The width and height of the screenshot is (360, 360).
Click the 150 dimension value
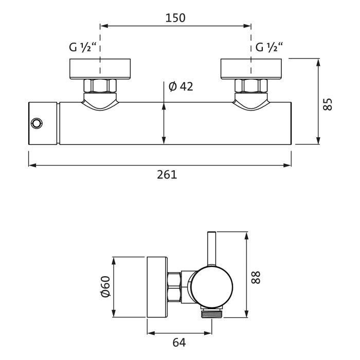click(175, 18)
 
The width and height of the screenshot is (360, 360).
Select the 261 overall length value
click(167, 175)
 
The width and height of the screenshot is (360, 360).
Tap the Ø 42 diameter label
click(181, 86)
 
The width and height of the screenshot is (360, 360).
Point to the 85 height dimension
click(329, 104)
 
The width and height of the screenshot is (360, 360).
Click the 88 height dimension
click(257, 277)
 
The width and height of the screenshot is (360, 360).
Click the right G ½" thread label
click(269, 48)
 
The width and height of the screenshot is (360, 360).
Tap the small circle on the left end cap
click(37, 123)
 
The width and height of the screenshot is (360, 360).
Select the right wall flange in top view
click(251, 69)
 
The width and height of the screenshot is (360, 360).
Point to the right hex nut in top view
click(251, 86)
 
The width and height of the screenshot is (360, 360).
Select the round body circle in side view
click(212, 286)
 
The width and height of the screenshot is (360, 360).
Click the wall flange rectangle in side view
click(157, 286)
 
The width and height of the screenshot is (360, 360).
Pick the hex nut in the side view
click(175, 286)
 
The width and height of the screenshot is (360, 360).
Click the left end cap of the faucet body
click(43, 123)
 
